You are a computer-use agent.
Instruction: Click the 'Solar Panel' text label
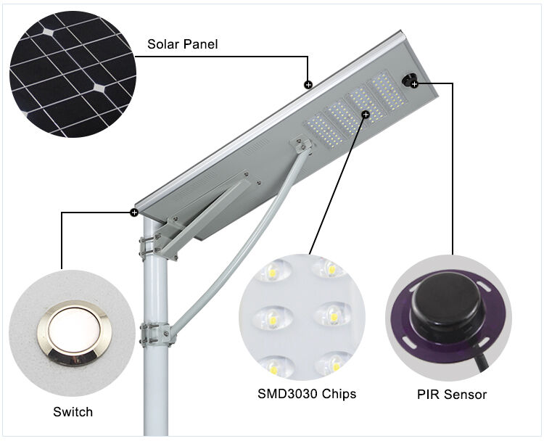point(182,44)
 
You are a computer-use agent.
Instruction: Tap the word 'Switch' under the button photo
point(73,412)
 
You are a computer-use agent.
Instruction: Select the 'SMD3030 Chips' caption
point(307,395)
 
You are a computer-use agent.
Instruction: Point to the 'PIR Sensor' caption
point(451,395)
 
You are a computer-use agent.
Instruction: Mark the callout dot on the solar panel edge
point(308,85)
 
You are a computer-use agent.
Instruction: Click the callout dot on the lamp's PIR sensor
point(414,85)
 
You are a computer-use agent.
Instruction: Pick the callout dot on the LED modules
point(366,114)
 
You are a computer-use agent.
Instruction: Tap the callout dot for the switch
point(134,213)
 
